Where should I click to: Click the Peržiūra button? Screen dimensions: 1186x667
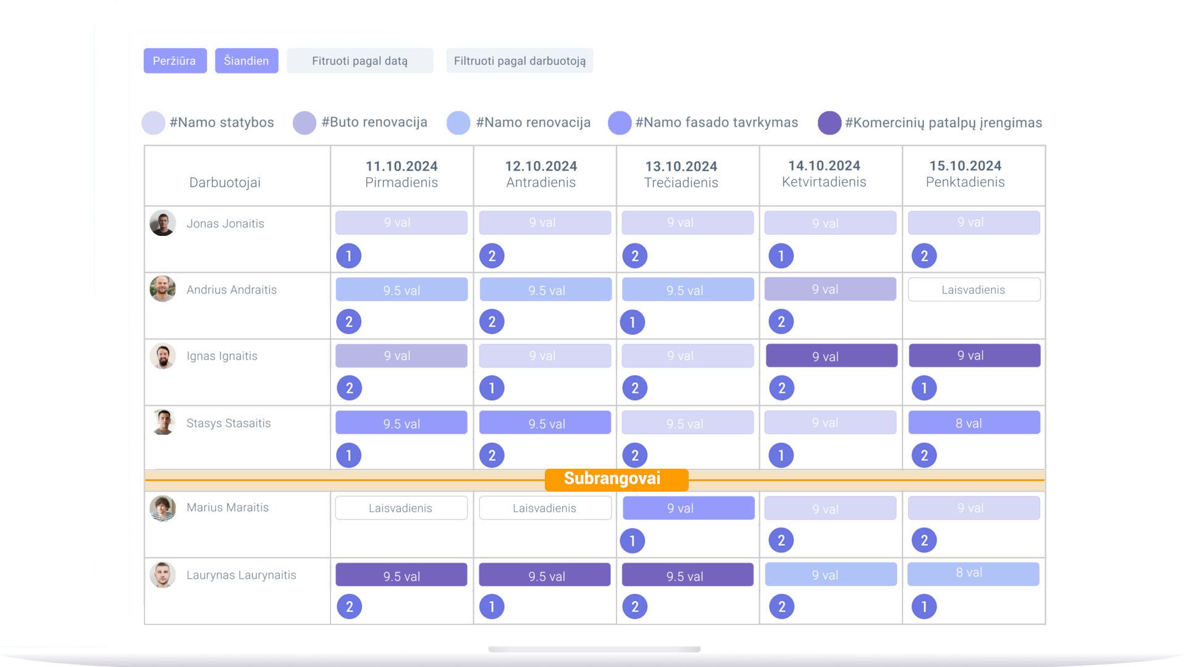click(175, 61)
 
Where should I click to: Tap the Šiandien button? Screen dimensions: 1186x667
click(246, 61)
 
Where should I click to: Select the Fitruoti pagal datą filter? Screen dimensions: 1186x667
click(360, 61)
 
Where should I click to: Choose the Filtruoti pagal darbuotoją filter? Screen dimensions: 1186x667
click(519, 61)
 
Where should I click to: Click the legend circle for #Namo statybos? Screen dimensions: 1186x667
click(153, 123)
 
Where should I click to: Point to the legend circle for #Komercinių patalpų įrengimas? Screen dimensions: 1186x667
click(830, 123)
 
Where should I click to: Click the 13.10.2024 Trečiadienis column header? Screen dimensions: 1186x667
click(681, 175)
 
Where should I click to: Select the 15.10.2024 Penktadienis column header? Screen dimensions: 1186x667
click(965, 174)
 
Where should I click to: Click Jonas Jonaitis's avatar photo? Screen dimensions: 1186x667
click(162, 223)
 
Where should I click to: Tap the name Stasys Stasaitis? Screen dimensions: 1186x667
click(229, 423)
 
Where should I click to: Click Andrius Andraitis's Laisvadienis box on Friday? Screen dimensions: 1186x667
click(974, 290)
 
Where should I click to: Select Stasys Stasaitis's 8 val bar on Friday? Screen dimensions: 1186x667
click(974, 423)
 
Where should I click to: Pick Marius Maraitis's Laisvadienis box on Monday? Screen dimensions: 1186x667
click(402, 508)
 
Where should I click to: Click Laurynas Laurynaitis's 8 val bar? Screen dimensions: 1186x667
click(974, 574)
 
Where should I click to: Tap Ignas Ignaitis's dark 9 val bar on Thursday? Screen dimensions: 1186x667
click(831, 356)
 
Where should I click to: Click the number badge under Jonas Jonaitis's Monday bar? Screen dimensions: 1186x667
click(349, 256)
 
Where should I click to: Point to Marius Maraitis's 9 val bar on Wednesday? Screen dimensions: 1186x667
click(689, 508)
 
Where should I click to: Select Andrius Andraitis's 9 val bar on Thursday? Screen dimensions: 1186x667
click(830, 289)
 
